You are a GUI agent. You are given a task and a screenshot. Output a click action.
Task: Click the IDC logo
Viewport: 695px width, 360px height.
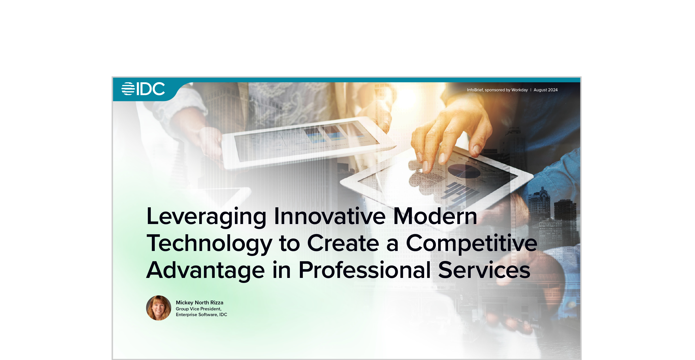[x=143, y=89]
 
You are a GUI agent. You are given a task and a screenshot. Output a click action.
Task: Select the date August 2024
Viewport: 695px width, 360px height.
[x=545, y=90]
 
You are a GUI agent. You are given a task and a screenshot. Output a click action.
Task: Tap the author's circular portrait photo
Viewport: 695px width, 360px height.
[x=159, y=308]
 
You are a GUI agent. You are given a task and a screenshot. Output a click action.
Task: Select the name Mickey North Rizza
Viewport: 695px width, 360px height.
[x=200, y=303]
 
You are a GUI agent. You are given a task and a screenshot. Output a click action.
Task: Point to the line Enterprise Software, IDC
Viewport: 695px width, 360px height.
[x=201, y=315]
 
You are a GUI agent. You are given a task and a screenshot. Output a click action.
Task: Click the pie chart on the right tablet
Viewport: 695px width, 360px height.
[x=464, y=171]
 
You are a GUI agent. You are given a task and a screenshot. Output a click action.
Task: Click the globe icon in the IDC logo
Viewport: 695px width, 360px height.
[x=128, y=89]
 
